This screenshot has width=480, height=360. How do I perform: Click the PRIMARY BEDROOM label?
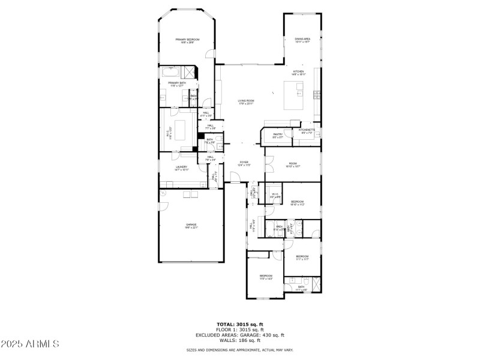tap(187, 40)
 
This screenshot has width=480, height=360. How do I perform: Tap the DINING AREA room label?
tap(302, 40)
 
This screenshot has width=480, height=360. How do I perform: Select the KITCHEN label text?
tap(298, 72)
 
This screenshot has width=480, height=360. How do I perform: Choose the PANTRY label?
tap(278, 136)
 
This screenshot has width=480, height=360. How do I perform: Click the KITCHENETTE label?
tap(307, 131)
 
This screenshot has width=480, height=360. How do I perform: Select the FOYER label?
tap(244, 163)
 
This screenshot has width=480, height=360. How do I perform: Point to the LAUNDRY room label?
tap(181, 168)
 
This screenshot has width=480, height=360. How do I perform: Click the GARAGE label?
tap(191, 226)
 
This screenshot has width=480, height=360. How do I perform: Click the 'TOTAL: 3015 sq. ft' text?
tap(239, 324)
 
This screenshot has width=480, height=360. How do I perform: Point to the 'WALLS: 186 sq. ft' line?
tap(239, 340)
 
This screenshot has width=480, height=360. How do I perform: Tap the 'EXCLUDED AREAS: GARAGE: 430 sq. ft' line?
tap(239, 335)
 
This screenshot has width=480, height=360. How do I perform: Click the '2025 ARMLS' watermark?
tap(30, 344)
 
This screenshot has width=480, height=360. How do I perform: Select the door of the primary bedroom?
tap(209, 55)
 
